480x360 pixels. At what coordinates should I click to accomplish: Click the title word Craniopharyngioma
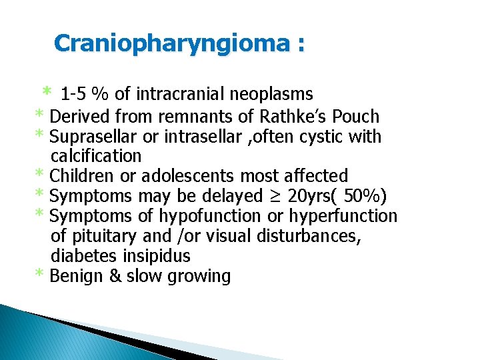point(171,43)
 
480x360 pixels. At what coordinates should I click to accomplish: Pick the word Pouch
point(355,117)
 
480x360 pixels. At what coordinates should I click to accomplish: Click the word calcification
point(96,157)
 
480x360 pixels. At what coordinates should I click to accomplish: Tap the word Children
point(79,176)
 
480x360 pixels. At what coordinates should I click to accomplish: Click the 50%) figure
point(366,197)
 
